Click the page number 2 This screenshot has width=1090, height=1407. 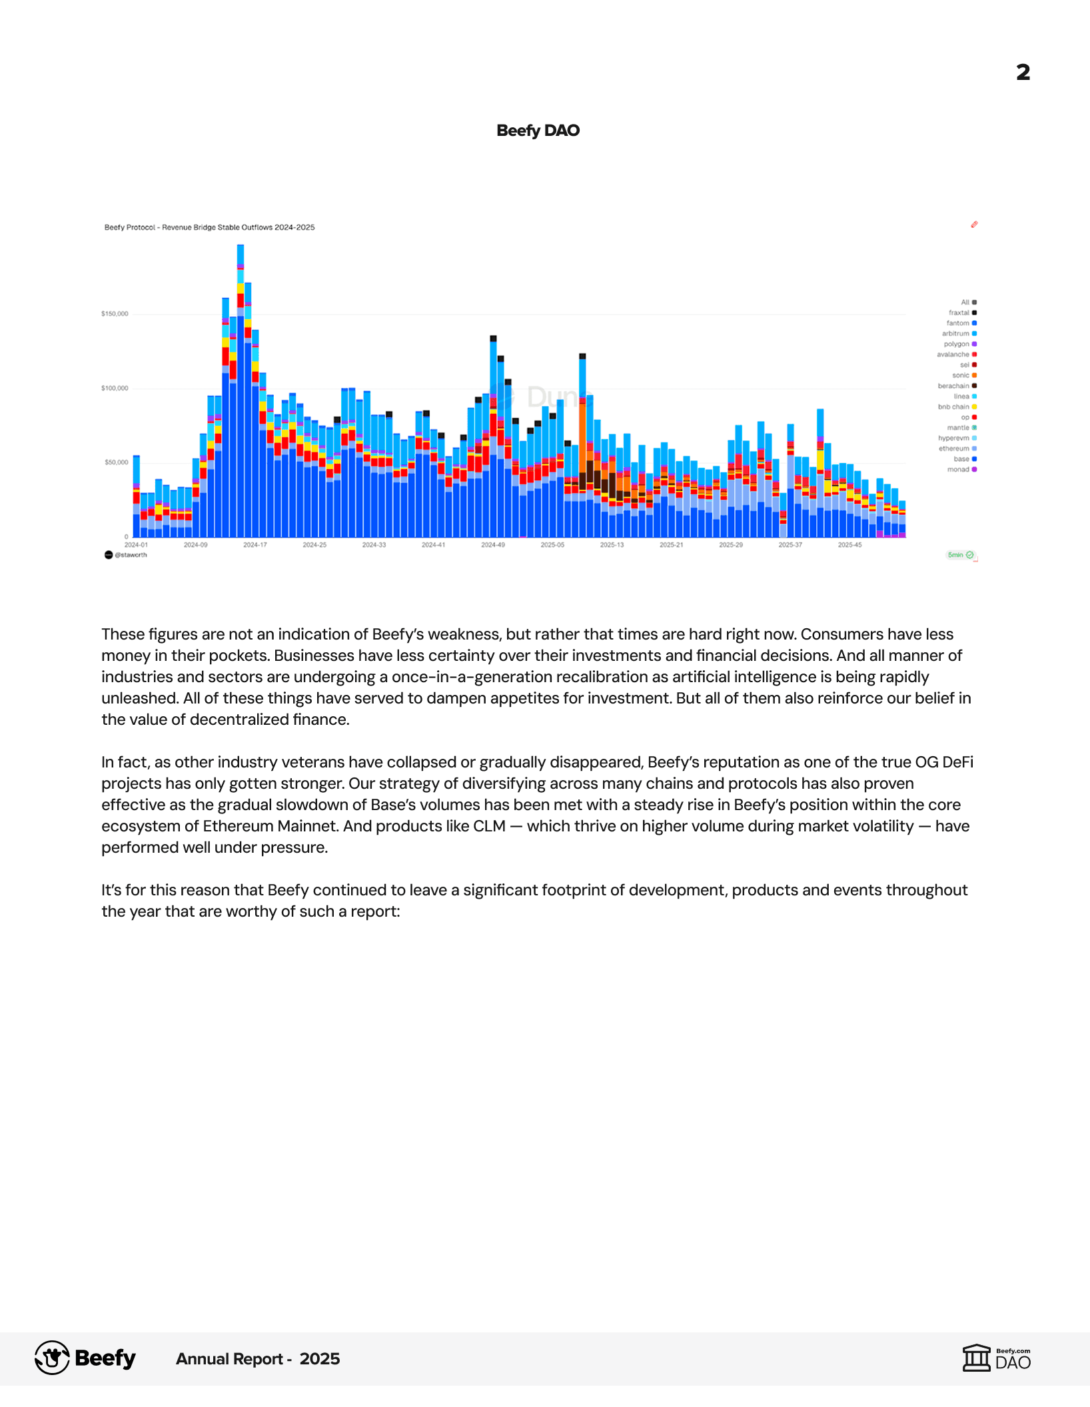click(x=1023, y=72)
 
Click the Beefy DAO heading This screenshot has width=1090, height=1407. click(x=538, y=131)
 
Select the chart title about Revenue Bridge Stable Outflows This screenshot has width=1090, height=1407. click(x=209, y=227)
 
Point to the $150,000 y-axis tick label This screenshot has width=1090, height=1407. click(x=115, y=314)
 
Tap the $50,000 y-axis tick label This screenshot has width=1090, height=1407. click(x=116, y=462)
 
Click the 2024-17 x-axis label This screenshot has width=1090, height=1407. click(x=255, y=545)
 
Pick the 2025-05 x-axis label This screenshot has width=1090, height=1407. click(x=552, y=545)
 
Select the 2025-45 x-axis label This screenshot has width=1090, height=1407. click(x=849, y=545)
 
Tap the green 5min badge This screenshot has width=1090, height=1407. click(x=960, y=555)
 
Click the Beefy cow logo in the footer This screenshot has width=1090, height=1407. click(x=52, y=1358)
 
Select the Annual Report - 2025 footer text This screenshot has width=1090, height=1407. click(x=258, y=1359)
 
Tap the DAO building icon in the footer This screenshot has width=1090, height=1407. click(x=977, y=1358)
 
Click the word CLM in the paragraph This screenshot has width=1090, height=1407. click(x=489, y=826)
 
